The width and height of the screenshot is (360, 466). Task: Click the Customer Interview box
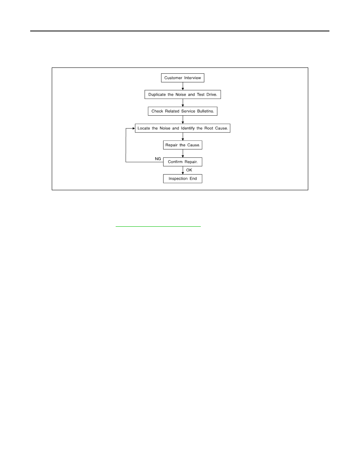[x=182, y=78]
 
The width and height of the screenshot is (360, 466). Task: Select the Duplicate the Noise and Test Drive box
[x=183, y=95]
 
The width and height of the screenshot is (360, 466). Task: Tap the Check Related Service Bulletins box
[x=183, y=111]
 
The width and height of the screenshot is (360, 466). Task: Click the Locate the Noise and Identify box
[x=183, y=128]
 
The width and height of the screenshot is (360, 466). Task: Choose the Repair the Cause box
[x=183, y=145]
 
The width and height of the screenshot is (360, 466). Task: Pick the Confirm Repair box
[x=183, y=162]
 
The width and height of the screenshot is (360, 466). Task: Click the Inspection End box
[x=183, y=178]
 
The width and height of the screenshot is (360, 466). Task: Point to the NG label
[x=158, y=159]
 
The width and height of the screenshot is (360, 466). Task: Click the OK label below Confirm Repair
[x=189, y=170]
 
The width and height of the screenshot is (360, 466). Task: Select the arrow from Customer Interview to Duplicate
[x=183, y=86]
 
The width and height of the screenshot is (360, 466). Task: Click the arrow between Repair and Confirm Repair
[x=183, y=153]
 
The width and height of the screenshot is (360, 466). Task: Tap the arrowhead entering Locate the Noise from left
[x=134, y=128]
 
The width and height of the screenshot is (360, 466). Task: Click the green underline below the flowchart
[x=158, y=226]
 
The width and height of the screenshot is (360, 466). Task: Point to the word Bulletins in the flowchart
[x=205, y=111]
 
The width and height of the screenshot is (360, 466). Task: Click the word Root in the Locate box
[x=209, y=128]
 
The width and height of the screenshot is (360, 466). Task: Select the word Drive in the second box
[x=212, y=95]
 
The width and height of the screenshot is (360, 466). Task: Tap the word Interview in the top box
[x=193, y=78]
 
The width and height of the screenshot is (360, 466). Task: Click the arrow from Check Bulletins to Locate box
[x=183, y=120]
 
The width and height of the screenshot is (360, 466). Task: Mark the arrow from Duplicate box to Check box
[x=183, y=103]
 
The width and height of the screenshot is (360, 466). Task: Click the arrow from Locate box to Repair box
[x=183, y=137]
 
